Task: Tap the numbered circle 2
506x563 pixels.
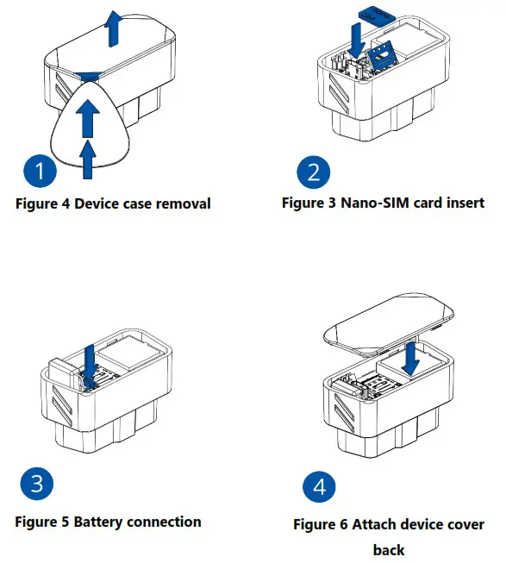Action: [x=313, y=172]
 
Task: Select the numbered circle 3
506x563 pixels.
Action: [x=37, y=484]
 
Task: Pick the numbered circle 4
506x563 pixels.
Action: [x=320, y=487]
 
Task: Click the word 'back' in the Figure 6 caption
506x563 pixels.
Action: [x=388, y=549]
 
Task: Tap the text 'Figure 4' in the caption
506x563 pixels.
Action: [x=45, y=204]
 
